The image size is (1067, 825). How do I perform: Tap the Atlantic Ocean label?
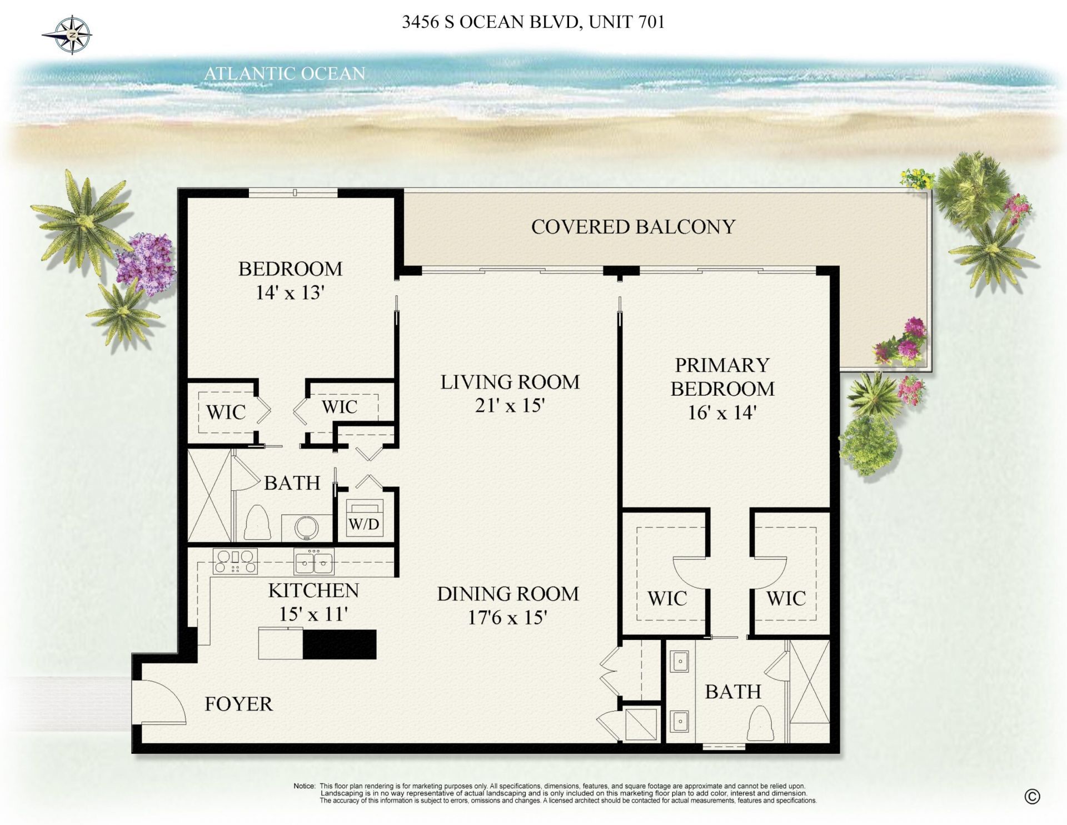coord(284,73)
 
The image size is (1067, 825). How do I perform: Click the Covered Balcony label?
coord(633,227)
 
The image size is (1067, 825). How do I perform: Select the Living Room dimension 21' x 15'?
coord(509,406)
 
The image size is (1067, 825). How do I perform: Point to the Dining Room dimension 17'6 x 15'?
coord(507,618)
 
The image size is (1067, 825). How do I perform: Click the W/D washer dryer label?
coord(364,524)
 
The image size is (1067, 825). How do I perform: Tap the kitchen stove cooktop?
coord(236,561)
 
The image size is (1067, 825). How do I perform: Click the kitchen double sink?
coord(314,562)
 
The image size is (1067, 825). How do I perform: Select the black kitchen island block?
coord(340,644)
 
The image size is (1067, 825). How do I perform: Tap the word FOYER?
coord(238,704)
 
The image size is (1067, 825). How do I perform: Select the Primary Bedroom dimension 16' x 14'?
coord(722,413)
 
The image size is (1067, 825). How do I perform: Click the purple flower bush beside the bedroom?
coord(146,263)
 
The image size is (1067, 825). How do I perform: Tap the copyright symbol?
coord(1031,797)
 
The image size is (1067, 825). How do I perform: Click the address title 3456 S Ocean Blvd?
coord(533,22)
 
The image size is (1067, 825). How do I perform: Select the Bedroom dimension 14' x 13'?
coord(290,293)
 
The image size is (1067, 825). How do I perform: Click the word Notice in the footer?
coord(303,786)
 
